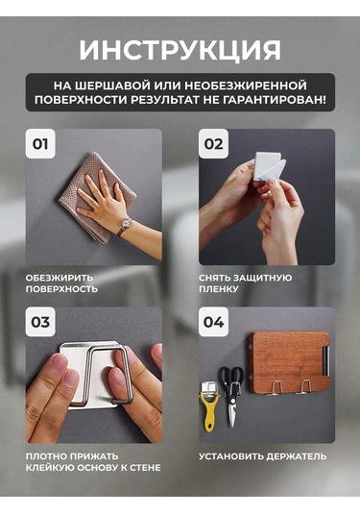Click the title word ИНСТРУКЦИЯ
180,50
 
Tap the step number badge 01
40,144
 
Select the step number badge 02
213,144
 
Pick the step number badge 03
40,322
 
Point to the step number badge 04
213,322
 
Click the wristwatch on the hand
124,226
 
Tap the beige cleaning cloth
97,198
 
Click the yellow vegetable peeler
208,406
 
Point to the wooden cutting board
289,362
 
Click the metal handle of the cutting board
325,360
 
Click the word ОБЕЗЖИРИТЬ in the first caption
60,278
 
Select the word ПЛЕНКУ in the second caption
219,289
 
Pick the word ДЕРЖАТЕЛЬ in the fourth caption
296,456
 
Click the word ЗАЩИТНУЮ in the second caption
263,278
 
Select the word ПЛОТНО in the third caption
46,456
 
